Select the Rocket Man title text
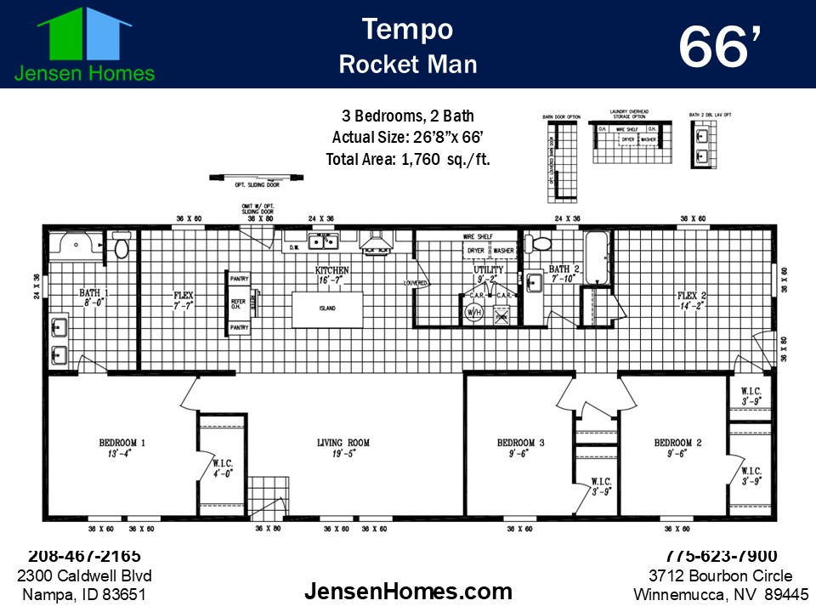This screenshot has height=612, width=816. click(408, 65)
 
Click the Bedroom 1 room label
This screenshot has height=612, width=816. click(122, 443)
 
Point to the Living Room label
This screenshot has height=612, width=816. click(343, 443)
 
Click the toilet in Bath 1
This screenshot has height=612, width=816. click(120, 247)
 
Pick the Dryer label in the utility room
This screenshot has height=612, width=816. click(476, 252)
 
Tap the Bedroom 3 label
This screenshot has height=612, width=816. click(520, 443)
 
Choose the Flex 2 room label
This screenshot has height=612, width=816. click(689, 296)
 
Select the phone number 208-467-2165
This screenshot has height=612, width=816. click(85, 556)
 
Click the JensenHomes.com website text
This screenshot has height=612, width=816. click(408, 591)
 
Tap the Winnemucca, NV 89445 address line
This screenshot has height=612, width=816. click(721, 594)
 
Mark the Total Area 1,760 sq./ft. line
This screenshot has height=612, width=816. click(408, 159)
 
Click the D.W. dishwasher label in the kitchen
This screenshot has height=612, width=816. click(294, 248)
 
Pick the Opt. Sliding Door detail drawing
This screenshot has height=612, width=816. click(256, 178)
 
